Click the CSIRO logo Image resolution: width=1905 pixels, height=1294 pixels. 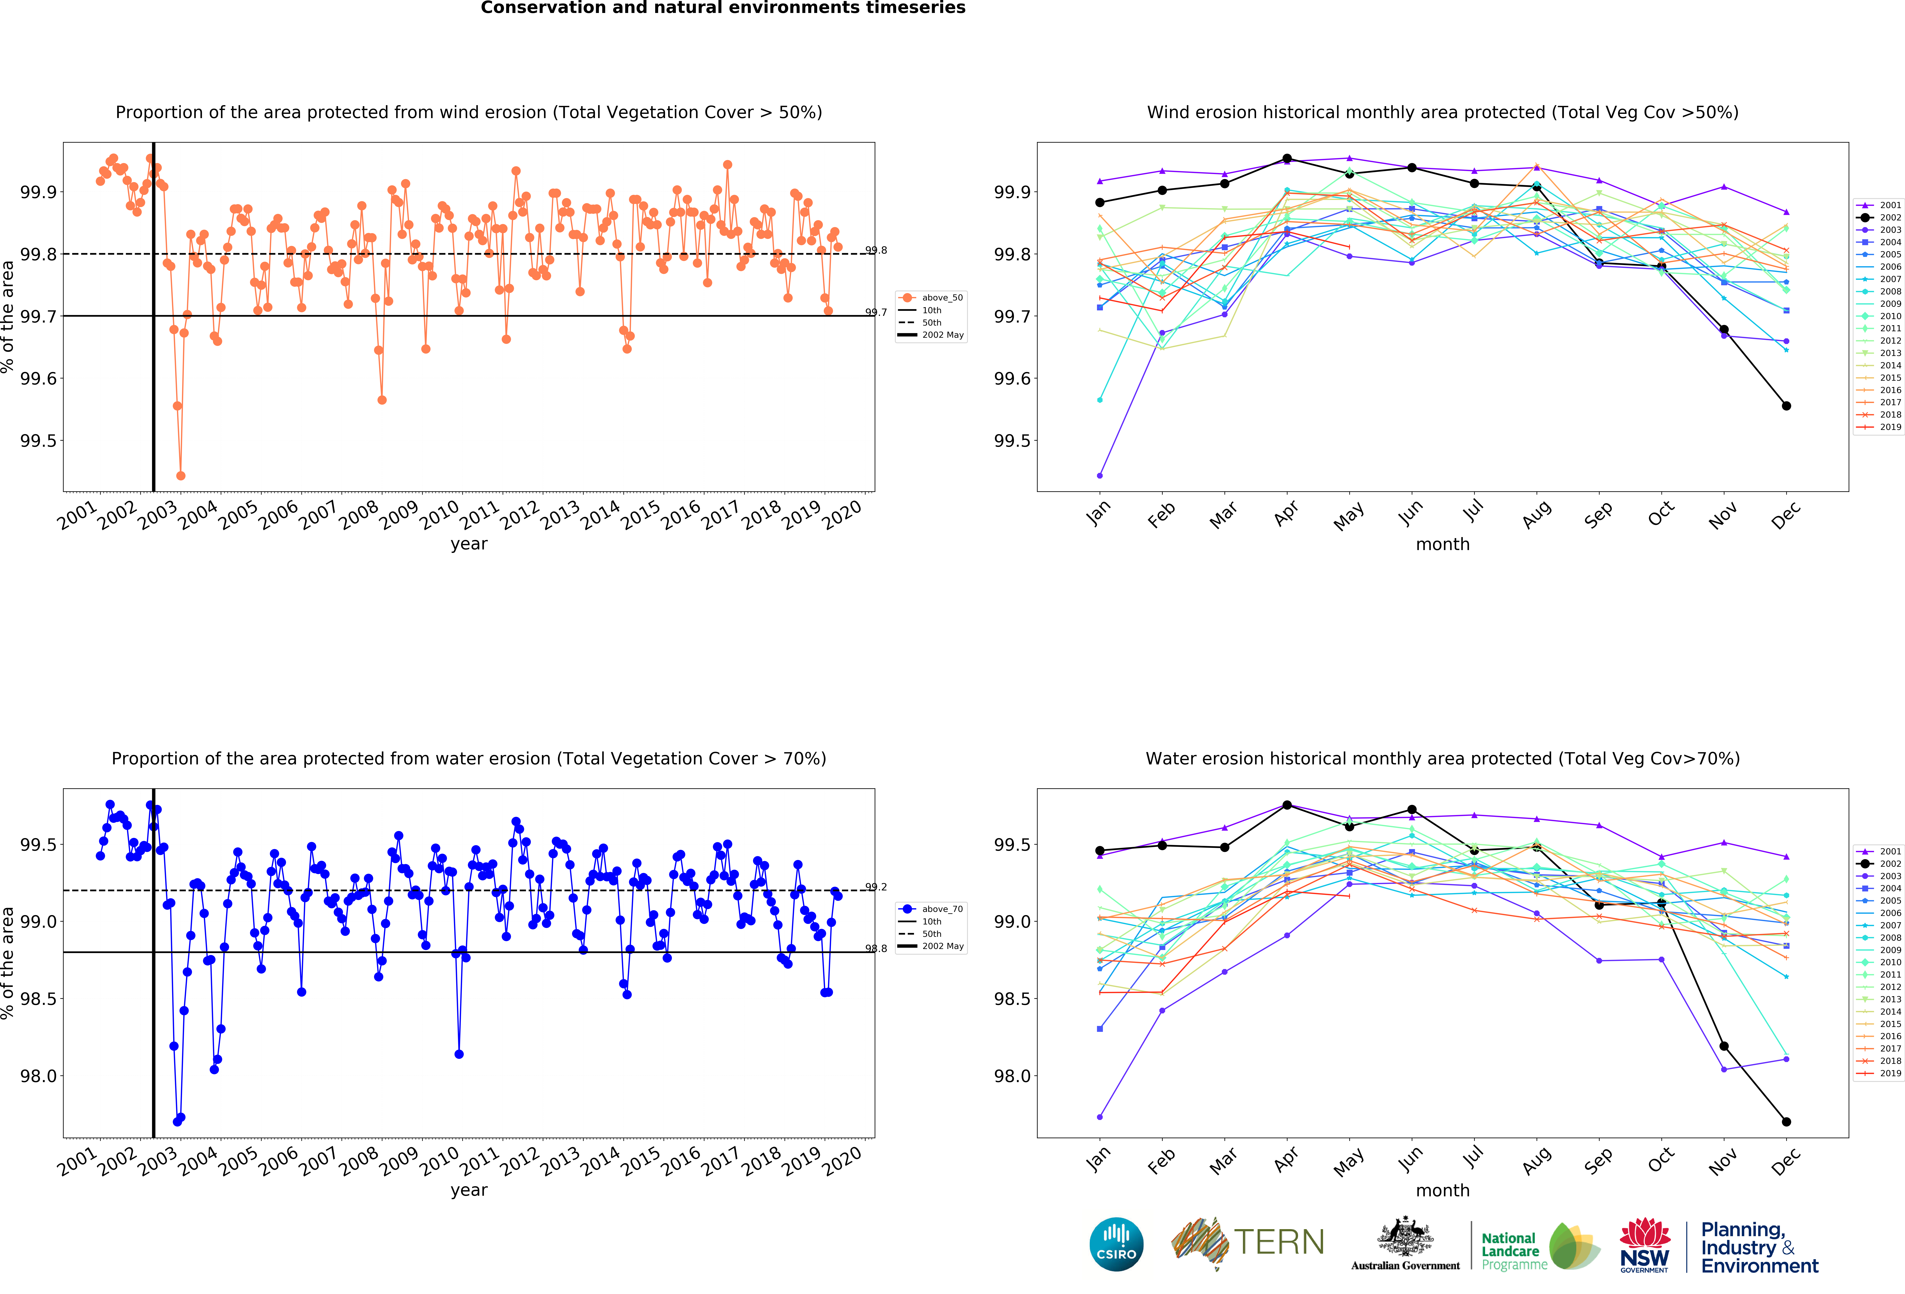pyautogui.click(x=1116, y=1244)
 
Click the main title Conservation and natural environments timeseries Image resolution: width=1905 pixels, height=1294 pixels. pyautogui.click(x=723, y=8)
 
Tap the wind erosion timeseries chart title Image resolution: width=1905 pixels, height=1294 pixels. pyautogui.click(x=469, y=112)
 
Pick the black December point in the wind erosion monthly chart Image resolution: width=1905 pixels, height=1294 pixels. pyautogui.click(x=1786, y=406)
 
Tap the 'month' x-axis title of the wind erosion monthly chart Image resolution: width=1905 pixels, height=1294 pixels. pyautogui.click(x=1443, y=544)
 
